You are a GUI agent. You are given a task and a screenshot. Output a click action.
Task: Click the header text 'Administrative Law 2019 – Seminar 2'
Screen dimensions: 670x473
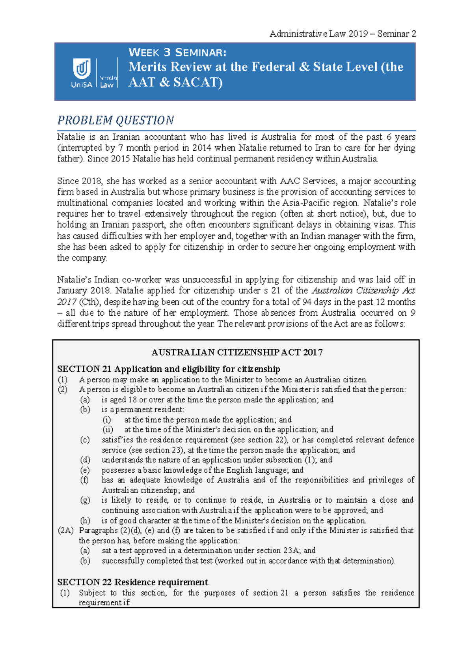pos(343,34)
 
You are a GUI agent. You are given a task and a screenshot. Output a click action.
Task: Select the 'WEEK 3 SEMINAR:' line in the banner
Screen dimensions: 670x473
pos(177,52)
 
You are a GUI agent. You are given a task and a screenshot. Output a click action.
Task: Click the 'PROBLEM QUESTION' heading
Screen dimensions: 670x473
pos(115,120)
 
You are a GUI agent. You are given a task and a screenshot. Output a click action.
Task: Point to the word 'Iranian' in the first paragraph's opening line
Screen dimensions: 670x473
pos(126,137)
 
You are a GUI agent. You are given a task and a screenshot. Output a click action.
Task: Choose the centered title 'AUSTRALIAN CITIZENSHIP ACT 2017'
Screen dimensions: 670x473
pos(237,352)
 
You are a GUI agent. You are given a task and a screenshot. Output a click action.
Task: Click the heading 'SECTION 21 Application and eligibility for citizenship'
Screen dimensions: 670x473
pos(168,369)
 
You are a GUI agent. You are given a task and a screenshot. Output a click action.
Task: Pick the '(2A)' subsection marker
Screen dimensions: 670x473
pos(65,530)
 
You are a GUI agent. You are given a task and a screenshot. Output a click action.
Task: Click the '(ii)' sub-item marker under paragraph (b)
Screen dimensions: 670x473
pos(108,429)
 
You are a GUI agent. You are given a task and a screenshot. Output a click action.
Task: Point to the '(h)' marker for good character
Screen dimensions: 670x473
pos(85,520)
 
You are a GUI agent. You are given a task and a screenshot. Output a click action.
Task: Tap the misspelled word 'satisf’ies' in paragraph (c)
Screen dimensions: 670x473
pos(117,440)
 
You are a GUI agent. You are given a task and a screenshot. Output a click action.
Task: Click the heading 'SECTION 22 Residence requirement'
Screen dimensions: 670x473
pos(132,582)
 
